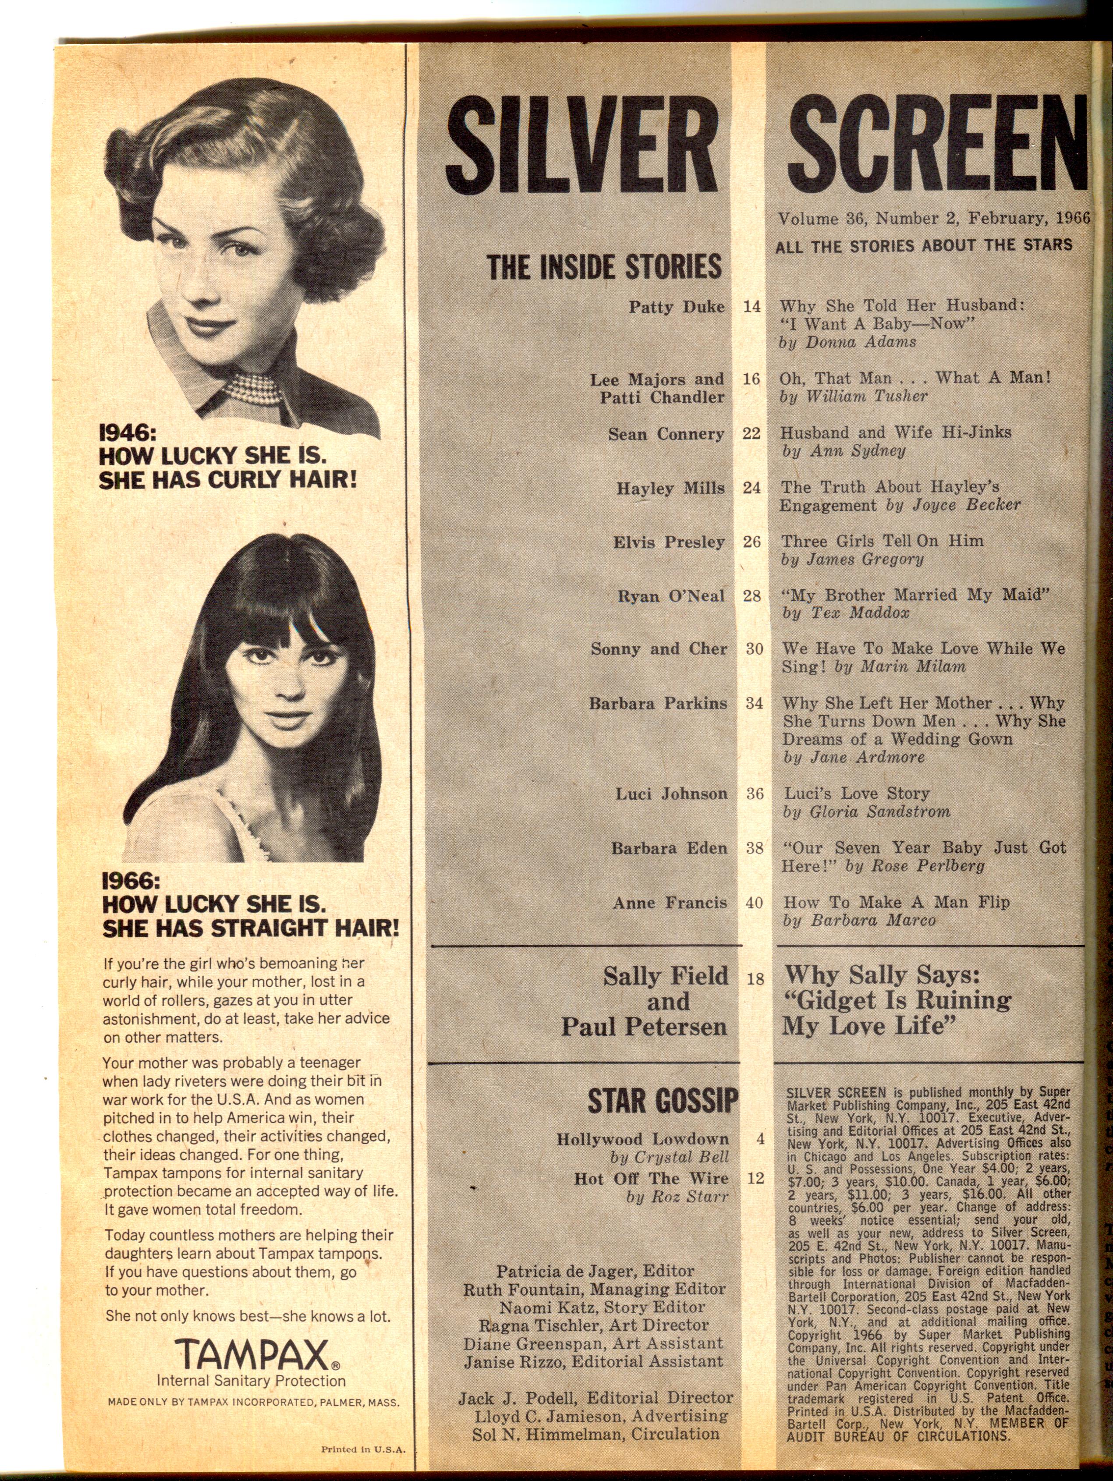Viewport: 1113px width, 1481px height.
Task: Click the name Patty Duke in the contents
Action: tap(677, 307)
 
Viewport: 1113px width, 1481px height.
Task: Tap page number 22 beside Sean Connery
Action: tap(751, 433)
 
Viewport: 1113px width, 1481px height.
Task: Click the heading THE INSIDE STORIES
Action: tap(604, 266)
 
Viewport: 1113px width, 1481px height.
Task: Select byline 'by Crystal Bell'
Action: tap(669, 1157)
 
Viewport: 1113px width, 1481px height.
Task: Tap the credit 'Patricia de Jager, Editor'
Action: tap(595, 1271)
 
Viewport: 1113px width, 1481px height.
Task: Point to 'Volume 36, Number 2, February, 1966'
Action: tap(933, 218)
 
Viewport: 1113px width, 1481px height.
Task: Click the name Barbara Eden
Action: tap(668, 848)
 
